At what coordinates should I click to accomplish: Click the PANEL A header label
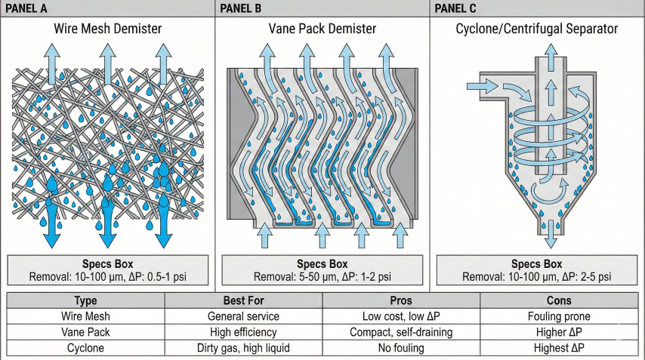click(29, 8)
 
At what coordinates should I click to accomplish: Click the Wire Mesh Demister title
click(108, 29)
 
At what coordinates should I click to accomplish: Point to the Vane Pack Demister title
click(322, 29)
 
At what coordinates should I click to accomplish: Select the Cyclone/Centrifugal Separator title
click(537, 29)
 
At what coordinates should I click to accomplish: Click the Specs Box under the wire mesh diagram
click(108, 270)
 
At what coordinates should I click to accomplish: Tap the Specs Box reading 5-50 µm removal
click(322, 270)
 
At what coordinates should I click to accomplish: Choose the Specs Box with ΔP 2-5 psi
click(537, 270)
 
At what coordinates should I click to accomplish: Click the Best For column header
click(243, 300)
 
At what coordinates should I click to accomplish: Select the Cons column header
click(560, 300)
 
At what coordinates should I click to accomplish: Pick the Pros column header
click(401, 300)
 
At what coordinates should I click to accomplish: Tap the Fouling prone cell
click(560, 317)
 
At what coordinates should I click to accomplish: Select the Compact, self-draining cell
click(401, 332)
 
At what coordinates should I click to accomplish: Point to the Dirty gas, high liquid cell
click(243, 348)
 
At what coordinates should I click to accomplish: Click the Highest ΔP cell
click(560, 348)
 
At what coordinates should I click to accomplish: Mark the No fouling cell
click(401, 348)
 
